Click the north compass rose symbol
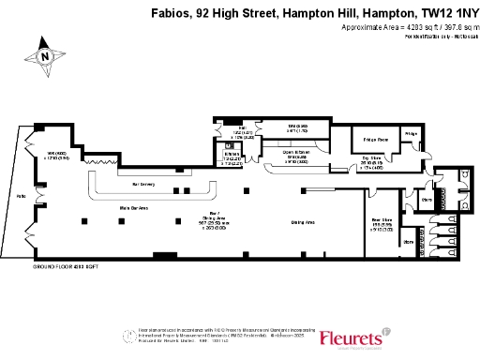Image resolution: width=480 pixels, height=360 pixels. point(45,55)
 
